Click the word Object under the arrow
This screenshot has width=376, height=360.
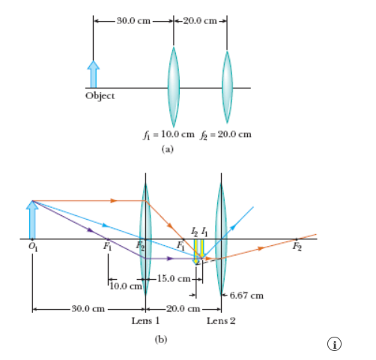coord(100,96)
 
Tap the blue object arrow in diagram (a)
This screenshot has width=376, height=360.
coord(93,74)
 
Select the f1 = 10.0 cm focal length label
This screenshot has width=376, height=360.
coord(169,135)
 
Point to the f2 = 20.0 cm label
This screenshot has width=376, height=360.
coord(225,135)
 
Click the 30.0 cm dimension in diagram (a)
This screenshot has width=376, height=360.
coord(133,21)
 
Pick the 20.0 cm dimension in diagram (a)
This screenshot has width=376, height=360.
coord(200,21)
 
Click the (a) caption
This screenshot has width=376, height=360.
coord(167,149)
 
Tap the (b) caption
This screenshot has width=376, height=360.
coord(161,340)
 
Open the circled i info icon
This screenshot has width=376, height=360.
coord(334,344)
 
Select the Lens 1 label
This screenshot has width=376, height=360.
coord(145,321)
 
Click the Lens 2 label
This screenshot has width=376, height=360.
coord(221,321)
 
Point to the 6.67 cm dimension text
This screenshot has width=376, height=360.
coord(246,295)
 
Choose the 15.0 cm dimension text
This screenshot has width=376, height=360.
coord(174,278)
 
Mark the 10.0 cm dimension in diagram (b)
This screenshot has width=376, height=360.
coord(126,286)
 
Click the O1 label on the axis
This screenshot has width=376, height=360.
coord(33,247)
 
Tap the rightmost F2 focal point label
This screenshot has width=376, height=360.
coord(297,247)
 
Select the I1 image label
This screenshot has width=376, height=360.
coord(204,232)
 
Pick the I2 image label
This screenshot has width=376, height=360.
coord(195,232)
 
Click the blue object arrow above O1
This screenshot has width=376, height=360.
coord(32,220)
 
